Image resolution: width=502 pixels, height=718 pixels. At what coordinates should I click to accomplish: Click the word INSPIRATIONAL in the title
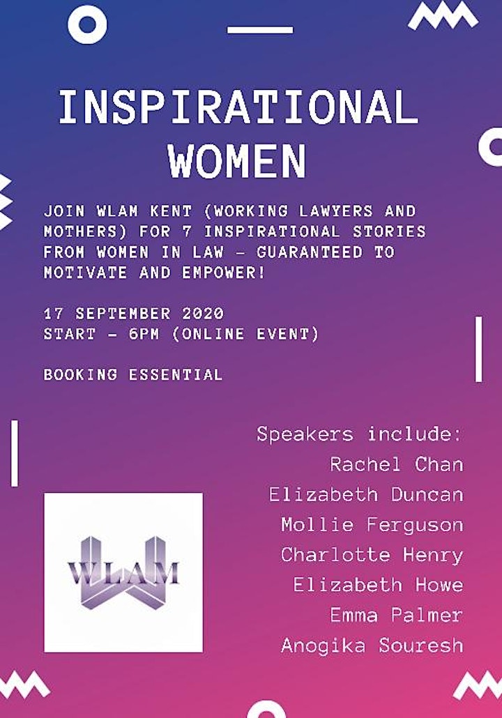238,107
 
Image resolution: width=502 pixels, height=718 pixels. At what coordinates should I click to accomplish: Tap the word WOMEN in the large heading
237,161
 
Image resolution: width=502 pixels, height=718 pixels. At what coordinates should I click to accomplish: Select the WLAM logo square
123,572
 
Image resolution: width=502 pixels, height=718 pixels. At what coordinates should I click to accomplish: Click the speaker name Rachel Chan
397,465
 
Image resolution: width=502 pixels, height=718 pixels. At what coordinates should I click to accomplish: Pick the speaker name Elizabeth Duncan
366,494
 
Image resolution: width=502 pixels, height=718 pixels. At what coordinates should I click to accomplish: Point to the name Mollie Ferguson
372,525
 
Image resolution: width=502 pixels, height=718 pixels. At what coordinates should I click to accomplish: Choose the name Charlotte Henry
372,555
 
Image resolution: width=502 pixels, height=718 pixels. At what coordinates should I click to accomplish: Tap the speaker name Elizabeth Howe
379,585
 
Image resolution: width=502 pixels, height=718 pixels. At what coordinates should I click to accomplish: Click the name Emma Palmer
397,615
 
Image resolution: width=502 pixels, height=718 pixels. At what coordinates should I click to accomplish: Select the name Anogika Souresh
372,646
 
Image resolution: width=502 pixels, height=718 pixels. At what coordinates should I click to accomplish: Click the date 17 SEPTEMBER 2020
134,314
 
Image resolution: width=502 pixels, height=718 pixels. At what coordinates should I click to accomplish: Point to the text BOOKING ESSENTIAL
133,374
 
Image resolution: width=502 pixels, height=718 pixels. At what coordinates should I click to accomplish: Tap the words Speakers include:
360,434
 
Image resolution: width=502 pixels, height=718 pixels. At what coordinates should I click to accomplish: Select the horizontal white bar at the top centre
260,30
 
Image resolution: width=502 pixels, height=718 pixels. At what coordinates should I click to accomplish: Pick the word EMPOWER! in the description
224,273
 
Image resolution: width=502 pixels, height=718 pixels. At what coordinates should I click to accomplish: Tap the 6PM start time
144,334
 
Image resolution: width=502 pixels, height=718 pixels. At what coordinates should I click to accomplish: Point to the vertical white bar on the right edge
478,349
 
